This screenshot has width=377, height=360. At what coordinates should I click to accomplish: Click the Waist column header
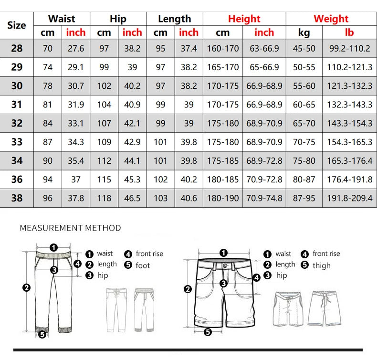(62, 19)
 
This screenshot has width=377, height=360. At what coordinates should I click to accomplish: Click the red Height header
(244, 19)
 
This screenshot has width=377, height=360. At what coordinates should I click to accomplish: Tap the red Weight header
(331, 19)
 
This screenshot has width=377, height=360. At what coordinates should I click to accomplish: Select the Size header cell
(17, 25)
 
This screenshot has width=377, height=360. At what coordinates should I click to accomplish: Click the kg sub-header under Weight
(304, 32)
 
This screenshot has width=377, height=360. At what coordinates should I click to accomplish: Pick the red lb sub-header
(349, 32)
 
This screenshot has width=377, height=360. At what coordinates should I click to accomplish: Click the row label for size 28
(17, 48)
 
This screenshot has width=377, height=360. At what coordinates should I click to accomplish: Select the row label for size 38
(17, 198)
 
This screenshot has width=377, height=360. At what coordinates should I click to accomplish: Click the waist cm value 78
(48, 86)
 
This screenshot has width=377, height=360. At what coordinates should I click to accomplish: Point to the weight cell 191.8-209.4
(349, 198)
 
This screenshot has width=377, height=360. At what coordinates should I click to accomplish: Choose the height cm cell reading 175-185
(223, 160)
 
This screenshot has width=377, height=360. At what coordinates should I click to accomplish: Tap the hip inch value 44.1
(132, 160)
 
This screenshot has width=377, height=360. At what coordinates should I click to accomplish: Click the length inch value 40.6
(188, 198)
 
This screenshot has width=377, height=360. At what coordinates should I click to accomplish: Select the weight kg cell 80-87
(304, 179)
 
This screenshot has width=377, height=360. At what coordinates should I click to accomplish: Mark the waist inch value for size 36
(76, 179)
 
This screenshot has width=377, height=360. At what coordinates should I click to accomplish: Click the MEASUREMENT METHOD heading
(70, 228)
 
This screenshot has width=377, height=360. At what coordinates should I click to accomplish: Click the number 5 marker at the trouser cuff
(42, 334)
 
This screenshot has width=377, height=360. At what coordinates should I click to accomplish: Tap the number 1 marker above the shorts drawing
(223, 253)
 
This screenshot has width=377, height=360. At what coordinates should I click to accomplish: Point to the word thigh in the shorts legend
(322, 265)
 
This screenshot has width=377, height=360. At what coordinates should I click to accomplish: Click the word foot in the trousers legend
(143, 265)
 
